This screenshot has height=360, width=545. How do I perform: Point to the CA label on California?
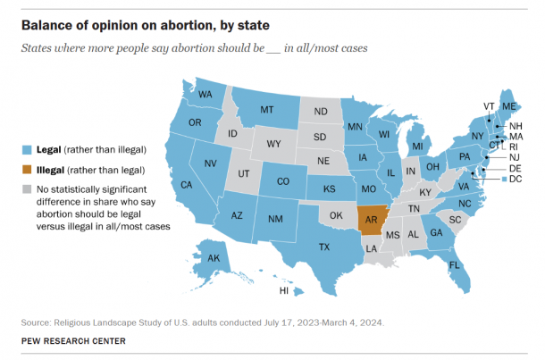click(188, 185)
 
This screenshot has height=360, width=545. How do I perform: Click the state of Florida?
click(456, 266)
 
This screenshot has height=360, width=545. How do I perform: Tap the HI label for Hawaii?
click(283, 290)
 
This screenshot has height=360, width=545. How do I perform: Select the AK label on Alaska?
click(214, 259)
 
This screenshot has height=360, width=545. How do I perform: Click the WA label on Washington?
click(205, 95)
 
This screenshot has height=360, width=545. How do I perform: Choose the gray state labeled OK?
click(336, 215)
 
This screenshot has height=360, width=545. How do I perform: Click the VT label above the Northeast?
click(489, 106)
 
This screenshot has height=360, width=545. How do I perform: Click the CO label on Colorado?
click(282, 180)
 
